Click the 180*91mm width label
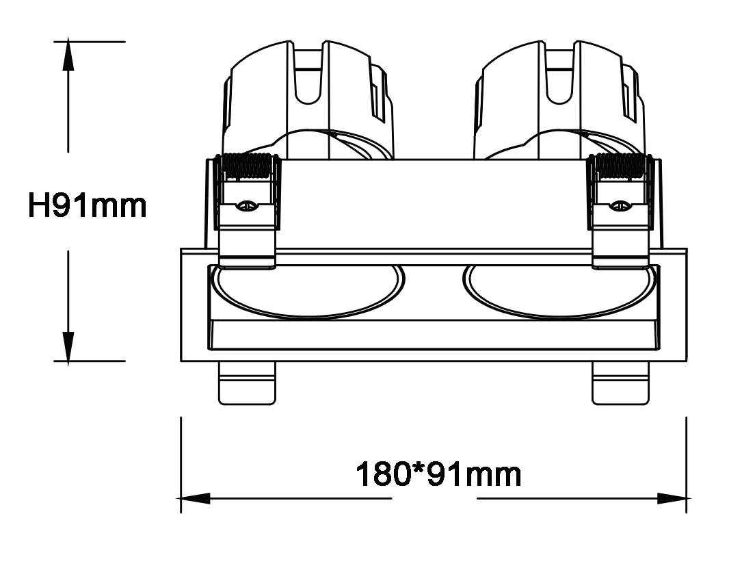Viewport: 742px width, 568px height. coord(438,474)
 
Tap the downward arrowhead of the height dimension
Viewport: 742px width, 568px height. coord(68,346)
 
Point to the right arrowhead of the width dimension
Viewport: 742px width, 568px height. coord(672,498)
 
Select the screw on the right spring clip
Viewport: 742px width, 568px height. coord(620,205)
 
